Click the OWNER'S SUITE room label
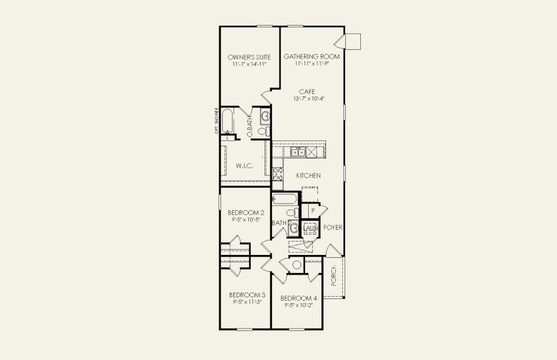tap(249, 57)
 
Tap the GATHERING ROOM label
tap(312, 56)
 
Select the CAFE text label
tap(308, 91)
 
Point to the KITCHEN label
tap(308, 176)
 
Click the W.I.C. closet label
tap(243, 165)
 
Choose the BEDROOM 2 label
tap(246, 212)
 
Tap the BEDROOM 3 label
tap(247, 295)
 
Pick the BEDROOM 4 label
tap(298, 298)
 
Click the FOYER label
tap(333, 228)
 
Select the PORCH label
tap(334, 277)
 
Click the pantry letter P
tap(313, 211)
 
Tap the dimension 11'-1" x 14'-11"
tap(249, 64)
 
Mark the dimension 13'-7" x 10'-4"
tap(309, 98)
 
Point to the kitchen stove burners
tap(278, 174)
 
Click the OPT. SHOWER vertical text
tap(216, 122)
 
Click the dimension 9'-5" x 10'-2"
tap(298, 305)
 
